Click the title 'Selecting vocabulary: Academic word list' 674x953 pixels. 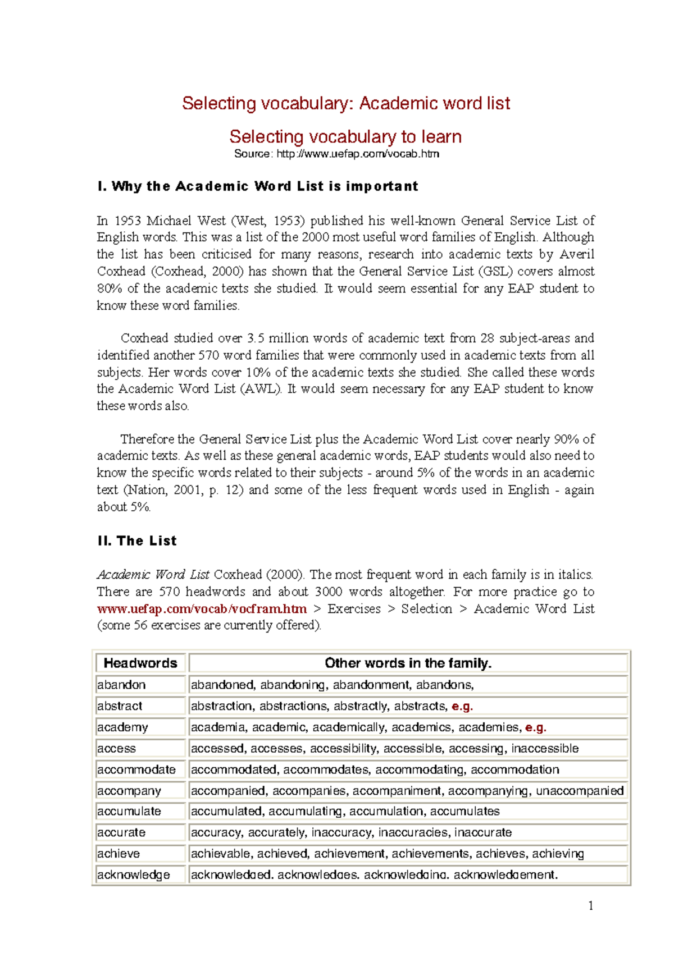[x=345, y=103]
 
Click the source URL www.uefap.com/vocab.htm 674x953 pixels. [x=358, y=154]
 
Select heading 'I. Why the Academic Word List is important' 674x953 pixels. [x=257, y=186]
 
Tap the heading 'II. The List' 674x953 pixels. [x=136, y=541]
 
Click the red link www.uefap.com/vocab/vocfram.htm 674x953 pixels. [x=202, y=609]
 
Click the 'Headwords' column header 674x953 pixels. [x=140, y=663]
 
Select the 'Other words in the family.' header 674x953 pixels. [x=408, y=663]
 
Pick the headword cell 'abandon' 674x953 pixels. [x=121, y=685]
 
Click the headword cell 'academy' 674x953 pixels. [x=122, y=727]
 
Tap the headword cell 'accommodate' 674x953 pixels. [x=136, y=769]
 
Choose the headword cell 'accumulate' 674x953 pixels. [x=129, y=812]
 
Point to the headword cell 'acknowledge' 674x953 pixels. [x=133, y=875]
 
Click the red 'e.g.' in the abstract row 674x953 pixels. [x=462, y=707]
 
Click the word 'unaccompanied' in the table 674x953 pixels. [x=579, y=791]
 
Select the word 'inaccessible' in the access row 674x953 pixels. [x=544, y=749]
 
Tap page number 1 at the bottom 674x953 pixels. [x=590, y=905]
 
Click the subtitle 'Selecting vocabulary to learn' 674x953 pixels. [x=345, y=136]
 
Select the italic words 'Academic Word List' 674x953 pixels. [x=153, y=575]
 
